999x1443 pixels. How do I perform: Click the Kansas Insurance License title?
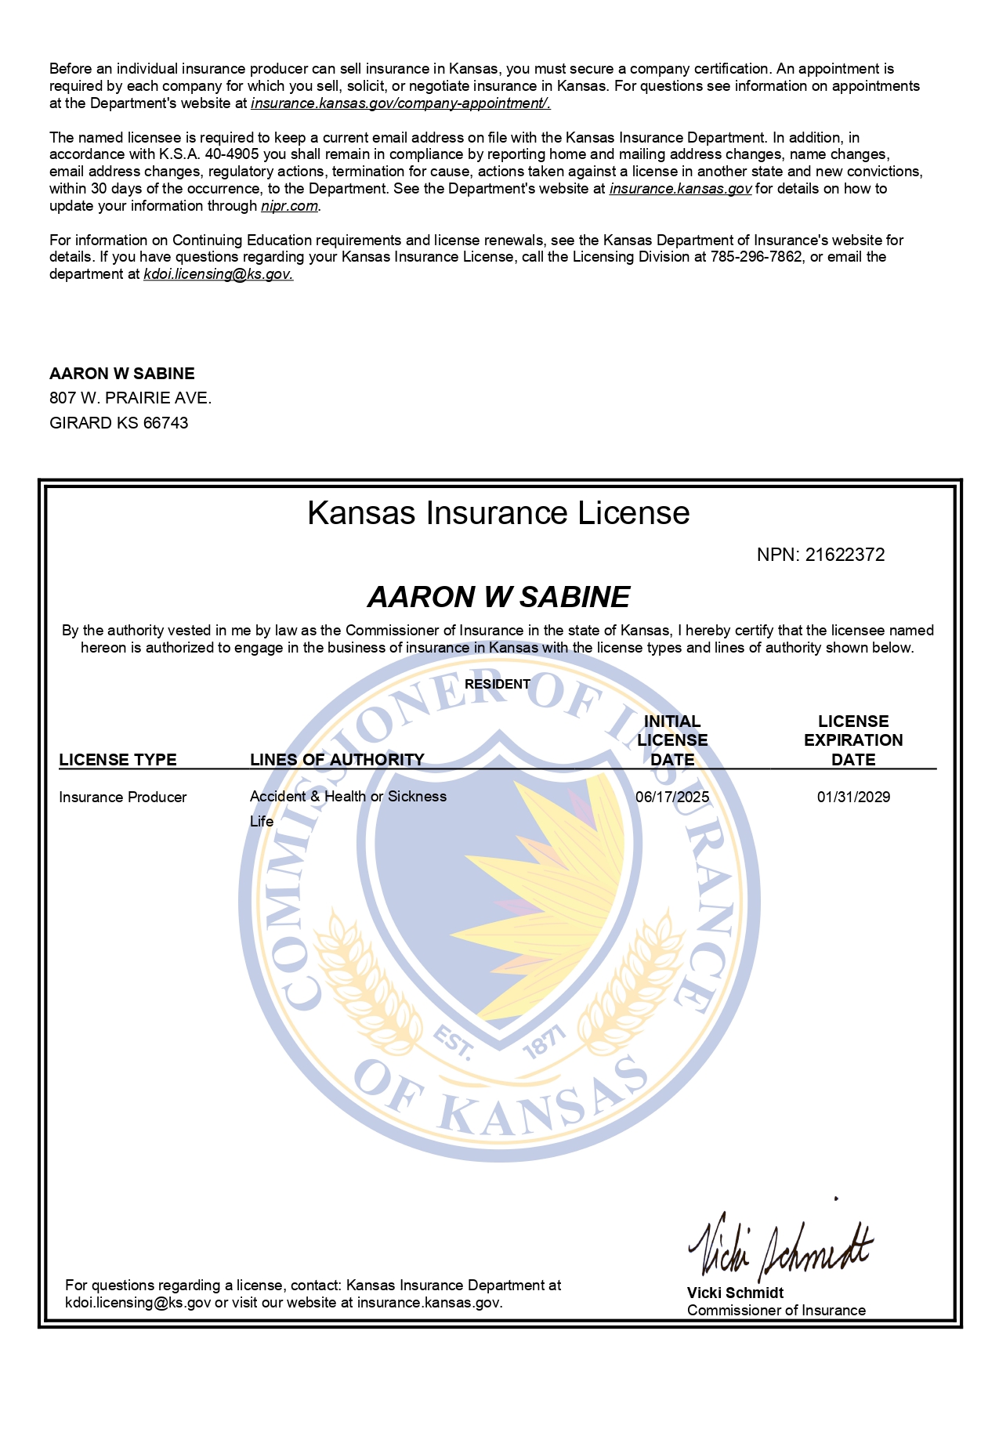coord(498,513)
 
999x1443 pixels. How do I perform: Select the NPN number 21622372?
coord(845,555)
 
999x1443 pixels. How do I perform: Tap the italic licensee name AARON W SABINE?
coord(498,597)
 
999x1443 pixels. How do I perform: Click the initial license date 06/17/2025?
coord(672,797)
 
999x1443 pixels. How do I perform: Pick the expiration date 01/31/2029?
coord(853,797)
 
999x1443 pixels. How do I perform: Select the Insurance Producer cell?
coord(123,797)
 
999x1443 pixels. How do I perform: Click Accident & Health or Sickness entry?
coord(348,796)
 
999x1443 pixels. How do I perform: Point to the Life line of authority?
coord(262,821)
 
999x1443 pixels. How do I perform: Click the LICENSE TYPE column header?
coord(118,759)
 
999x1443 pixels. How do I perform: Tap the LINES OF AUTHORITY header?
coord(337,759)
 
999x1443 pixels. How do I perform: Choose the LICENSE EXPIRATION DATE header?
coord(853,740)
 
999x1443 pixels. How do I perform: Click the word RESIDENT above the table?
coord(498,684)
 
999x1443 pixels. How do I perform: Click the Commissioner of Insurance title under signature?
coord(776,1310)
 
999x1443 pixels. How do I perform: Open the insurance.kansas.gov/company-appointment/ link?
coord(400,103)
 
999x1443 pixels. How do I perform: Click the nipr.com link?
coord(289,206)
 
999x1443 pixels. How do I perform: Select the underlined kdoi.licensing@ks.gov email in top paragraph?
coord(218,274)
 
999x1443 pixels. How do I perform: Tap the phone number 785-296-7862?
coord(756,257)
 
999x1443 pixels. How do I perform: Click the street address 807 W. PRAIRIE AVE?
coord(130,398)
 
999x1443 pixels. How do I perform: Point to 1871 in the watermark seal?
coord(544,1043)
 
